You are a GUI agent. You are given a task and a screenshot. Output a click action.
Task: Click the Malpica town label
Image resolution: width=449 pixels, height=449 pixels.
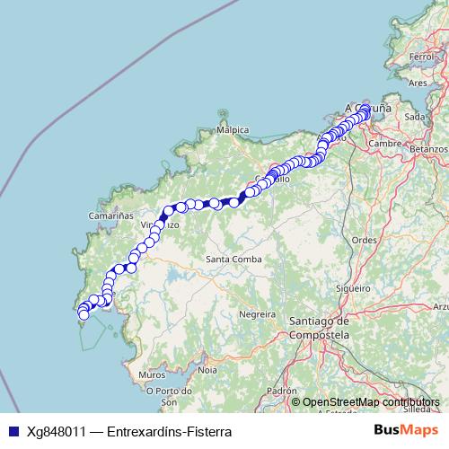[232, 129]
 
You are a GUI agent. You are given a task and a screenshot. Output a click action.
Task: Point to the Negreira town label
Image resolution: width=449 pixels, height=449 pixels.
[256, 314]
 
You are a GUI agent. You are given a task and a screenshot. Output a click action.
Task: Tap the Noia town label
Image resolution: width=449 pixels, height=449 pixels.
[207, 369]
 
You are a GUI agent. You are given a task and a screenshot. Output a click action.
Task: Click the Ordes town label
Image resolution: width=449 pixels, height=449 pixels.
[364, 240]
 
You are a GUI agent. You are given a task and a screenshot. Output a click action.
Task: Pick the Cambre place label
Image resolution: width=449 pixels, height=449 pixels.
[383, 143]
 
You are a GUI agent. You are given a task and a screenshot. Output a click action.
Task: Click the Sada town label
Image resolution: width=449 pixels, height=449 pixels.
[415, 117]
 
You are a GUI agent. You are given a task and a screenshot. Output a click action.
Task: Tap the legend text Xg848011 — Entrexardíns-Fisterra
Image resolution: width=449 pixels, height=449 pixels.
[129, 431]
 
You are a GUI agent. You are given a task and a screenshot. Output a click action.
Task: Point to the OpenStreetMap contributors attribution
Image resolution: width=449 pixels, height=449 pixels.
[371, 402]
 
